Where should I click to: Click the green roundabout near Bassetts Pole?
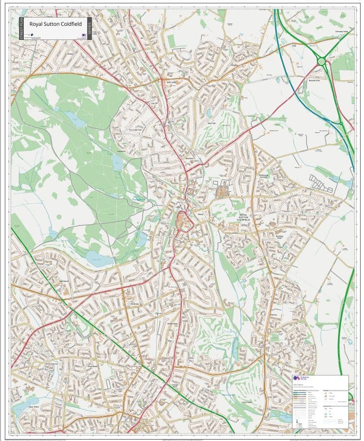point(321,61)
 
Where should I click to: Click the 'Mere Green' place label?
point(171,82)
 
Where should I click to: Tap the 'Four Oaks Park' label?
point(135,130)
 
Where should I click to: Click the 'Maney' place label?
point(200,213)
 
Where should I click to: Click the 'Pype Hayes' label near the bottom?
point(248,402)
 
